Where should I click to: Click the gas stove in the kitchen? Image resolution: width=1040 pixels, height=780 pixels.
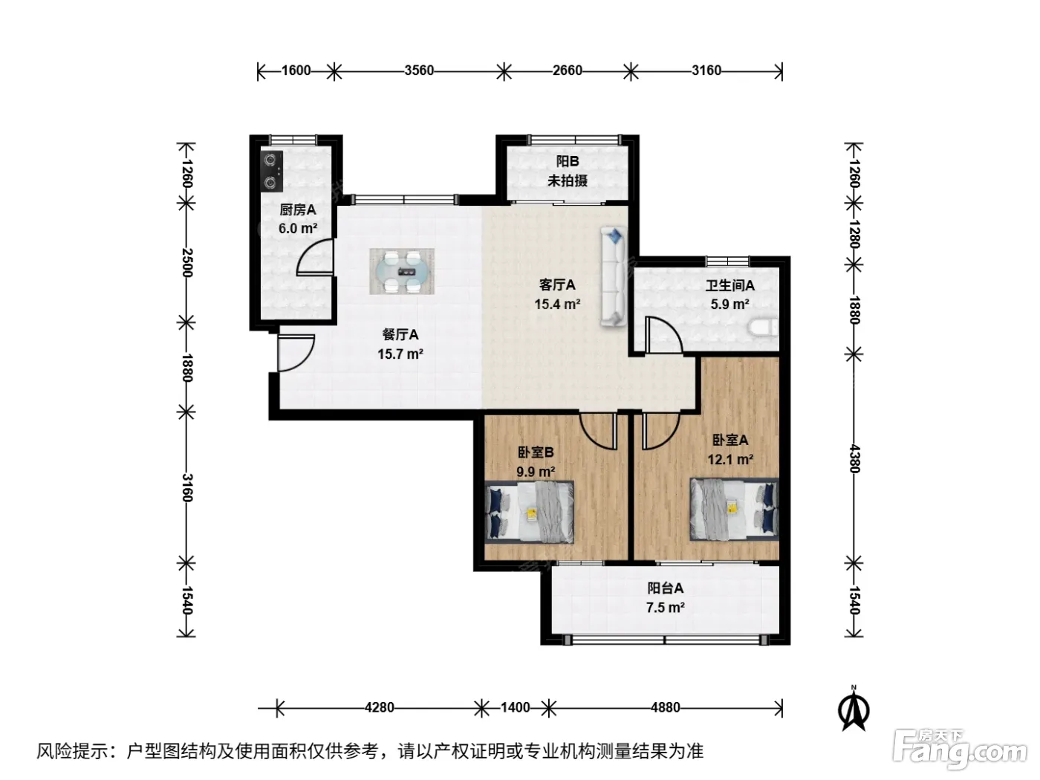271,172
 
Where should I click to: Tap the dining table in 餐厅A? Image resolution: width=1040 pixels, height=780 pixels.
402,272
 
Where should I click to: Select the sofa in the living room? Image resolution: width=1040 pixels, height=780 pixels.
614,277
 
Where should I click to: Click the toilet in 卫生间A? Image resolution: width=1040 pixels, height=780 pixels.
762,328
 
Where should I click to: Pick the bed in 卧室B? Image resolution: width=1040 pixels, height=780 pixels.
529,512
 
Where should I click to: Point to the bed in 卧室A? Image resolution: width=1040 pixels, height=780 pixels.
735,509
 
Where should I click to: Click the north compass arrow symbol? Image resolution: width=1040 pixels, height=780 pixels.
854,710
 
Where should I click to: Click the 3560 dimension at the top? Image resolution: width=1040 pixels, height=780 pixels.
419,71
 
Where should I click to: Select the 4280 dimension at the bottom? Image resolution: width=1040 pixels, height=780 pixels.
379,707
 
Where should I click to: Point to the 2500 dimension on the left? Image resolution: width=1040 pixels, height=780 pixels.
187,263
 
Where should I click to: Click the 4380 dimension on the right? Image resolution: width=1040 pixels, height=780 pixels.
854,458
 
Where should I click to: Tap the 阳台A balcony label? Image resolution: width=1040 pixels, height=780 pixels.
666,588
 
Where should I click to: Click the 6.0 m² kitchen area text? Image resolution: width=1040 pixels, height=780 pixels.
298,228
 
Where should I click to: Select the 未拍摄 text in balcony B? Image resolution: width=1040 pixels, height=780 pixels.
568,181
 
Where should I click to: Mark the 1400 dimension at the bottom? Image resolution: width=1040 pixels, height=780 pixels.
515,707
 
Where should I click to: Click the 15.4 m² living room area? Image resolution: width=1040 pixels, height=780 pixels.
558,304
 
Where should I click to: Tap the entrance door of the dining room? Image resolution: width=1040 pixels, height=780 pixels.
296,353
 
